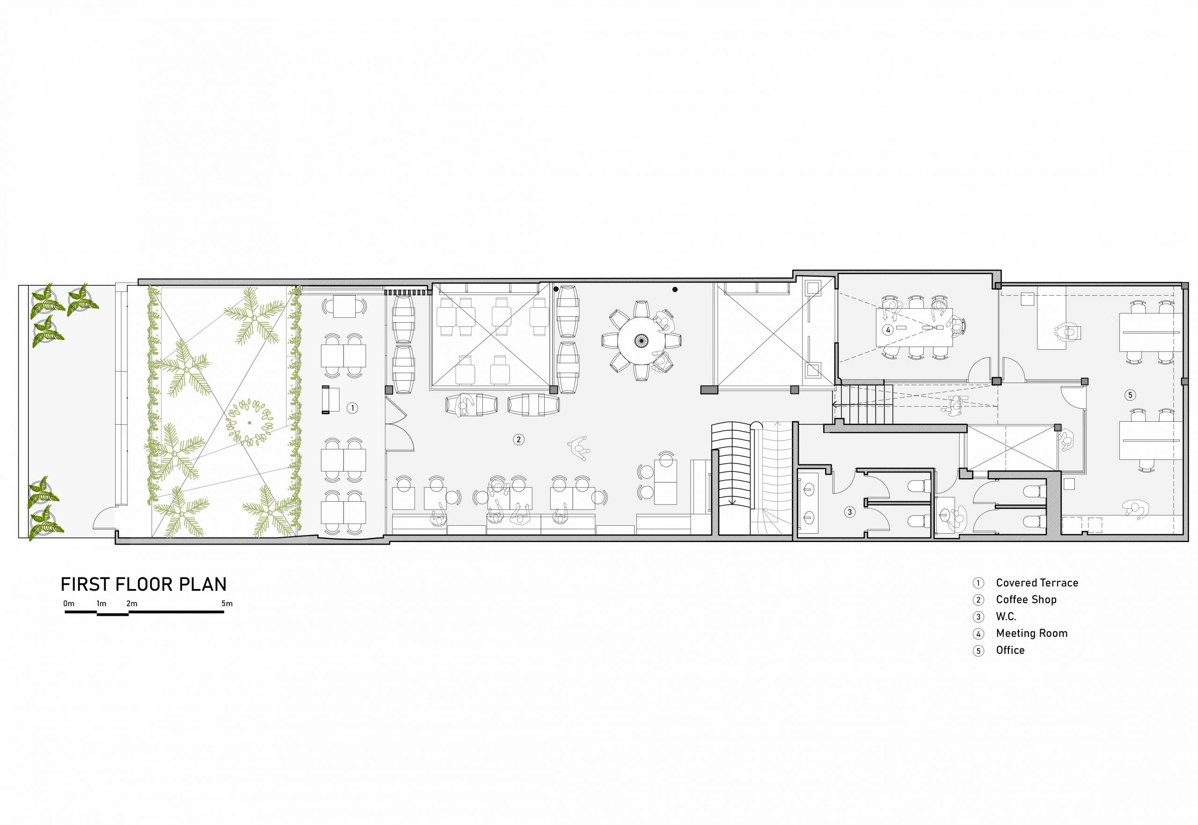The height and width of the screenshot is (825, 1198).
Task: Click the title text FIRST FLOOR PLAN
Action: point(144,585)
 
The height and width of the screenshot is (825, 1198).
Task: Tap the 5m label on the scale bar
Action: point(227,603)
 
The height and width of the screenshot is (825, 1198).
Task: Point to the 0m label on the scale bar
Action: point(69,603)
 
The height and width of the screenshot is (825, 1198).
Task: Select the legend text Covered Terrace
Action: point(1037,583)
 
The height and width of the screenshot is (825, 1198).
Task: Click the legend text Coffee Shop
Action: point(1026,600)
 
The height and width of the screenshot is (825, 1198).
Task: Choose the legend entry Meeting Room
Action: point(1032,633)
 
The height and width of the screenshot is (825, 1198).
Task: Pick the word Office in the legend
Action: point(1010,650)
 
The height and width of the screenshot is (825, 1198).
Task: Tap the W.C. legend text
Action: point(1006,617)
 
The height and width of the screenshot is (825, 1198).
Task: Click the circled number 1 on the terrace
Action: point(352,408)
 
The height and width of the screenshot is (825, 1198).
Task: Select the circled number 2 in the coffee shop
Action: point(519,439)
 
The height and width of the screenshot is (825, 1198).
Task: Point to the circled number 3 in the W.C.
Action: point(849,512)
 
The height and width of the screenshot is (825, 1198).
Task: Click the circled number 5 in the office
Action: point(1130,395)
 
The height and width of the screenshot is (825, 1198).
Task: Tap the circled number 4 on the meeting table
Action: point(888,330)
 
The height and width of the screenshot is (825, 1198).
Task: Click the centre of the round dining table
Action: point(642,340)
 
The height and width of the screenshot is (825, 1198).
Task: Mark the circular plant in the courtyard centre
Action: point(250,422)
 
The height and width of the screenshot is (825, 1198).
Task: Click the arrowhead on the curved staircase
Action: point(732,501)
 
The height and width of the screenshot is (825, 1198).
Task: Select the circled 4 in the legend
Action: point(978,634)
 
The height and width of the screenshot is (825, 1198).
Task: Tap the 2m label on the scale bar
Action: point(132,603)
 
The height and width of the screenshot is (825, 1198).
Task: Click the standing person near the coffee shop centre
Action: point(579,448)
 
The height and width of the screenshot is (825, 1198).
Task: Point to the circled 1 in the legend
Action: point(978,583)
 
